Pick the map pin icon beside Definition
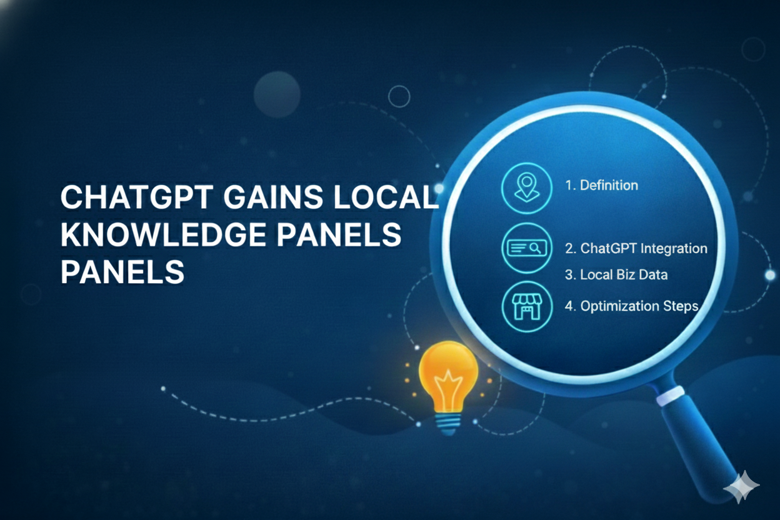pos(526,186)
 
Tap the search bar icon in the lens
pos(526,248)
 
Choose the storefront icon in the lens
pos(526,306)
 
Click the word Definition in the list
pos(609,185)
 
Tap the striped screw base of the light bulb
pos(447,424)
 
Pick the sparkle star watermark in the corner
pos(741,485)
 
